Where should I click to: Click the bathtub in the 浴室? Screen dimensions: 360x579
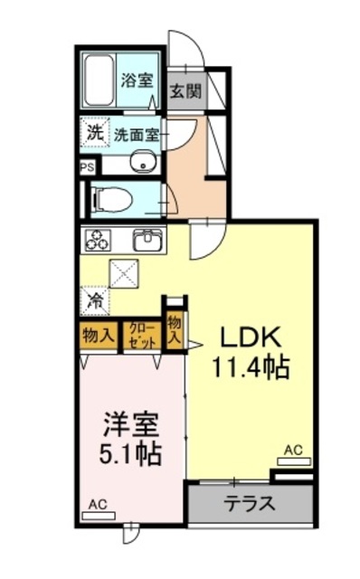click(x=99, y=81)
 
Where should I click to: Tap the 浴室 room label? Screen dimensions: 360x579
click(x=137, y=80)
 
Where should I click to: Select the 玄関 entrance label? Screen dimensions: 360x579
click(x=185, y=91)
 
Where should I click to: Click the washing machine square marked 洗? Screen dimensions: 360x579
click(x=95, y=132)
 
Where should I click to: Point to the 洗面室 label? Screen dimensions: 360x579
click(x=137, y=136)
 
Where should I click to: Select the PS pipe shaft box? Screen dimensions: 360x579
click(x=88, y=167)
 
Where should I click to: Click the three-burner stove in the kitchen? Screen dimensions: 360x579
click(x=98, y=240)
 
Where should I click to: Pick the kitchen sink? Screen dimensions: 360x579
click(x=147, y=241)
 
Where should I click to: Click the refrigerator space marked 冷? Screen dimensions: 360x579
click(x=95, y=300)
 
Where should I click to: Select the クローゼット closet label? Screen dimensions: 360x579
click(x=142, y=336)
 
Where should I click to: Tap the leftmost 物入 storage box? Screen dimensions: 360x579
click(x=98, y=336)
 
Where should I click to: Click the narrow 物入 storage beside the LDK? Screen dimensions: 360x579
click(x=175, y=331)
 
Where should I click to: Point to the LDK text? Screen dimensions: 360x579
click(x=251, y=337)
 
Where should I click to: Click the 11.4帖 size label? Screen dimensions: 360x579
click(x=250, y=367)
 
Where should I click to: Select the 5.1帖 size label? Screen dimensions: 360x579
click(x=130, y=454)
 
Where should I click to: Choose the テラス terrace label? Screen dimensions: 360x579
click(x=251, y=503)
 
